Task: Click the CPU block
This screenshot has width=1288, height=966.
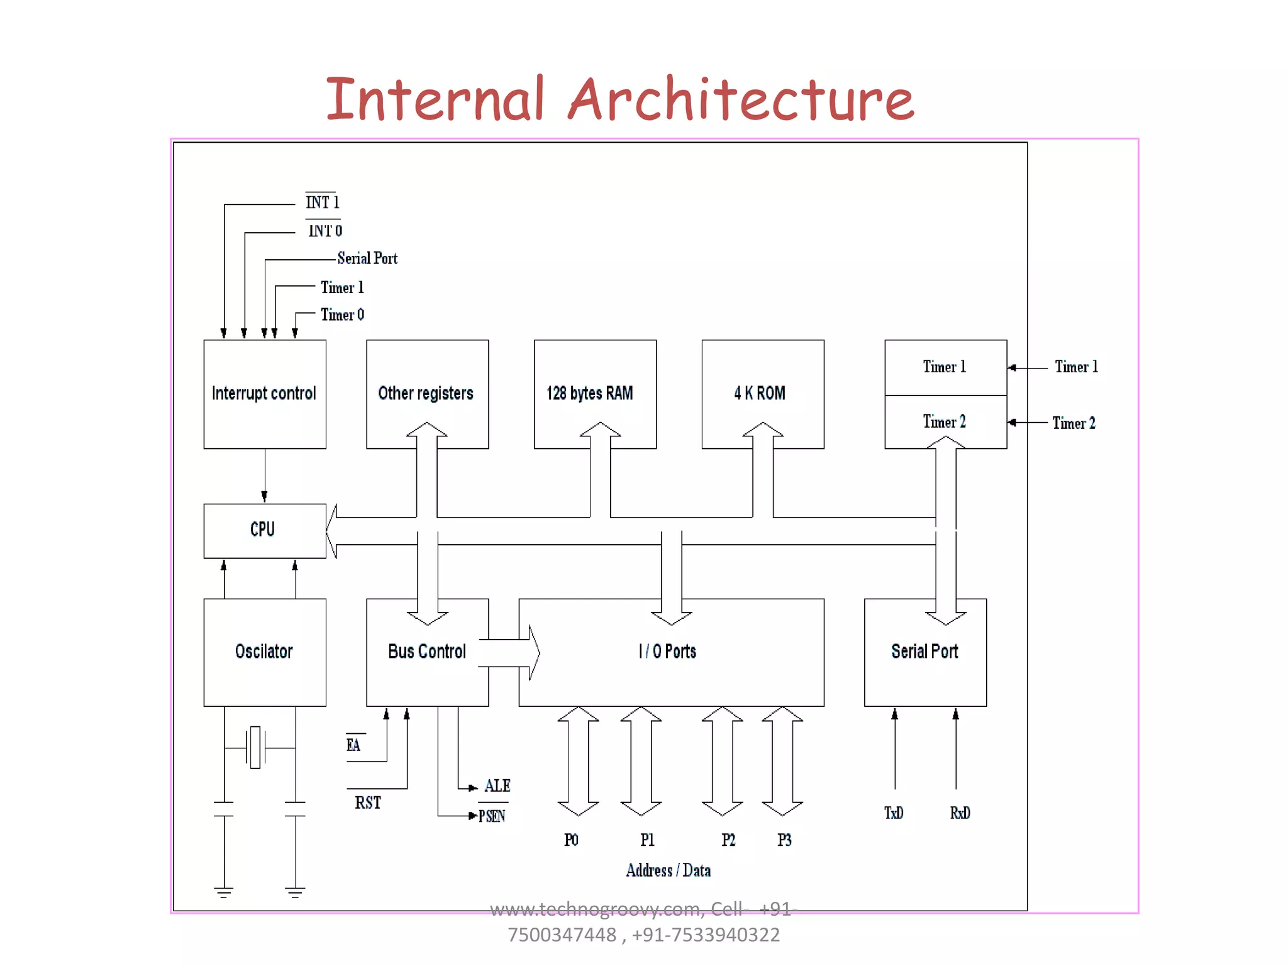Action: point(264,530)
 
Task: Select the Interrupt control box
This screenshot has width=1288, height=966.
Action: point(264,394)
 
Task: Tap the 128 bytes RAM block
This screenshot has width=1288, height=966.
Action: point(594,394)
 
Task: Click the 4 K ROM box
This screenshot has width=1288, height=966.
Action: point(762,394)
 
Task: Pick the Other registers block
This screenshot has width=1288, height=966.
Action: point(426,394)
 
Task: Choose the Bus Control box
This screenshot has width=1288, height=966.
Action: point(426,652)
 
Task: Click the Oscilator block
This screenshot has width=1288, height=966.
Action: point(264,652)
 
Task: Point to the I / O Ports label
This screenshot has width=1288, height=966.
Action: point(667,652)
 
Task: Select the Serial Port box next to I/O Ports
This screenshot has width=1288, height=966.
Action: point(924,652)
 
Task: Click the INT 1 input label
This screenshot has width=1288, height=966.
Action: point(322,203)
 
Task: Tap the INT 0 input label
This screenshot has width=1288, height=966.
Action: point(325,231)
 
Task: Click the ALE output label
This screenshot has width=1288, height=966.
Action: point(497,786)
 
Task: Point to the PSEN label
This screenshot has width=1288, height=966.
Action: point(492,816)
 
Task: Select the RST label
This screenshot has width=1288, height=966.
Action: point(368,803)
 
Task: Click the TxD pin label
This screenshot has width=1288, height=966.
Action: point(894,813)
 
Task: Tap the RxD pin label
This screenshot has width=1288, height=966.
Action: point(960,813)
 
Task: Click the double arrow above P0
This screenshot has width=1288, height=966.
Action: point(578,761)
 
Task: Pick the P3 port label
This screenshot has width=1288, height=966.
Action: point(784,840)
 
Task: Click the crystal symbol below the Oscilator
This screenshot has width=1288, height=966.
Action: point(255,748)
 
